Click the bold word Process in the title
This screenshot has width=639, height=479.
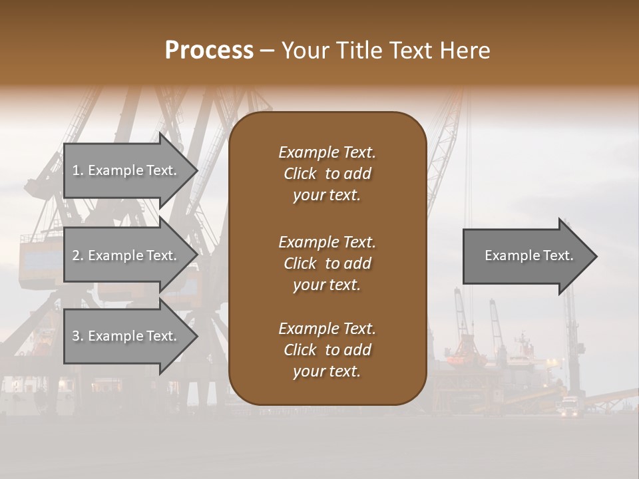point(209,51)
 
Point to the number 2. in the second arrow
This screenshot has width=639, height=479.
point(78,255)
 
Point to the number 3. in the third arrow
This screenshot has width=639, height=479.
point(78,336)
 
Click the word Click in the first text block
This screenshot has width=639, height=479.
point(300,174)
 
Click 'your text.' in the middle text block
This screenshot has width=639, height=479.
point(327,285)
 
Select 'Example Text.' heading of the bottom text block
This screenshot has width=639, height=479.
point(327,329)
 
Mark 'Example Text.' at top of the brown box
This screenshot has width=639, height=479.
point(327,152)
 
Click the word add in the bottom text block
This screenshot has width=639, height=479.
point(358,350)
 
